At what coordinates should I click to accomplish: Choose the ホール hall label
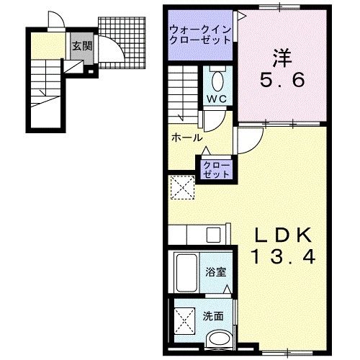pyautogui.click(x=186, y=137)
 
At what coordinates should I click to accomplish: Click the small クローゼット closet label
pyautogui.click(x=216, y=170)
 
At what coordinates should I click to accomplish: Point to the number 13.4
pyautogui.click(x=283, y=256)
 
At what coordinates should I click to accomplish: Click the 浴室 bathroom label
pyautogui.click(x=214, y=273)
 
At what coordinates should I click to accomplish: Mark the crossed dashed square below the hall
pyautogui.click(x=183, y=189)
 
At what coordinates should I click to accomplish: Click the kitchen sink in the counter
pyautogui.click(x=214, y=235)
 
